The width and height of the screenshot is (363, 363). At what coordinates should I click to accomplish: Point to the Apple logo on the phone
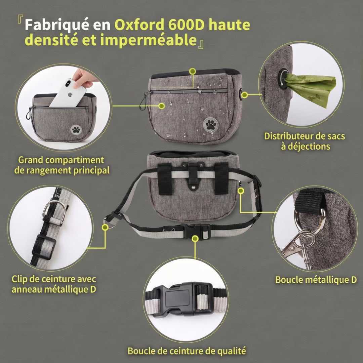(x=71, y=94)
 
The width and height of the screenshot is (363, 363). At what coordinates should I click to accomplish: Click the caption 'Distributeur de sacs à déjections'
(x=305, y=141)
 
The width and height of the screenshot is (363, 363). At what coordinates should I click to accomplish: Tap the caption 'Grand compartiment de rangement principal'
(x=62, y=165)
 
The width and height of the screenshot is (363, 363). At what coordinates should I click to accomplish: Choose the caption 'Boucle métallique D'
(x=316, y=280)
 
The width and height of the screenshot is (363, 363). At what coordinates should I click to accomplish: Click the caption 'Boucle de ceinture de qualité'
(x=187, y=351)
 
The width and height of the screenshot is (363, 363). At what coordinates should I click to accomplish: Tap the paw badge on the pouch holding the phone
(x=75, y=129)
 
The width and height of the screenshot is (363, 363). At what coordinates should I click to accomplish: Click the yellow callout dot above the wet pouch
(x=192, y=71)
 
